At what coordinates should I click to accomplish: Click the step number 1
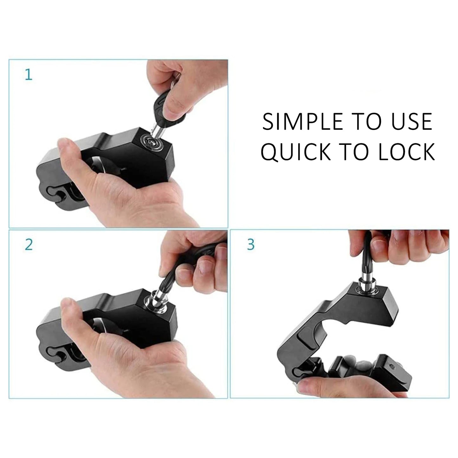coord(29,75)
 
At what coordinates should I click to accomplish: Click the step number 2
coord(29,244)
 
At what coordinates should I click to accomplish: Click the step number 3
coord(251,244)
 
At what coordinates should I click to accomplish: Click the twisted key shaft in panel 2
coord(169,279)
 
